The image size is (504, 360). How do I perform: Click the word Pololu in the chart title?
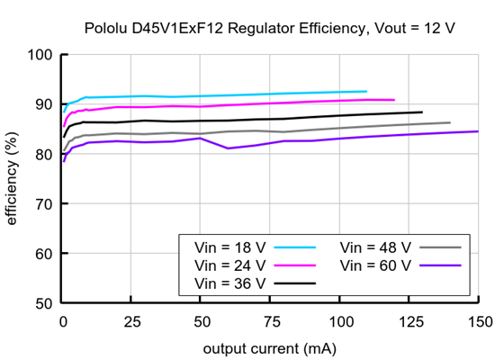coord(108,28)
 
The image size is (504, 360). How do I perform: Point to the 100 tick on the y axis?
coord(40,54)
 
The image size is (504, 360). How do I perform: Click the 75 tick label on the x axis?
coord(270,321)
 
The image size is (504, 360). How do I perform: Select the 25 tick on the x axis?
coord(131,321)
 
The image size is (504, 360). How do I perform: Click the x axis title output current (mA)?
coord(270,347)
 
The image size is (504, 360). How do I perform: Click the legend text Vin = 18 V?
coord(229,247)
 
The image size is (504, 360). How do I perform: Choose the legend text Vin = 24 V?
coord(229,265)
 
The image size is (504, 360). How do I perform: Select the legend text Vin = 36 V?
coord(229,283)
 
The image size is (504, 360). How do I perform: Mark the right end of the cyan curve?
coord(366,91)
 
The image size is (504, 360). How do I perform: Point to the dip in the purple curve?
coord(229,148)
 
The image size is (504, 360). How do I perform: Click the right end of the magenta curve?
coord(394,100)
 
